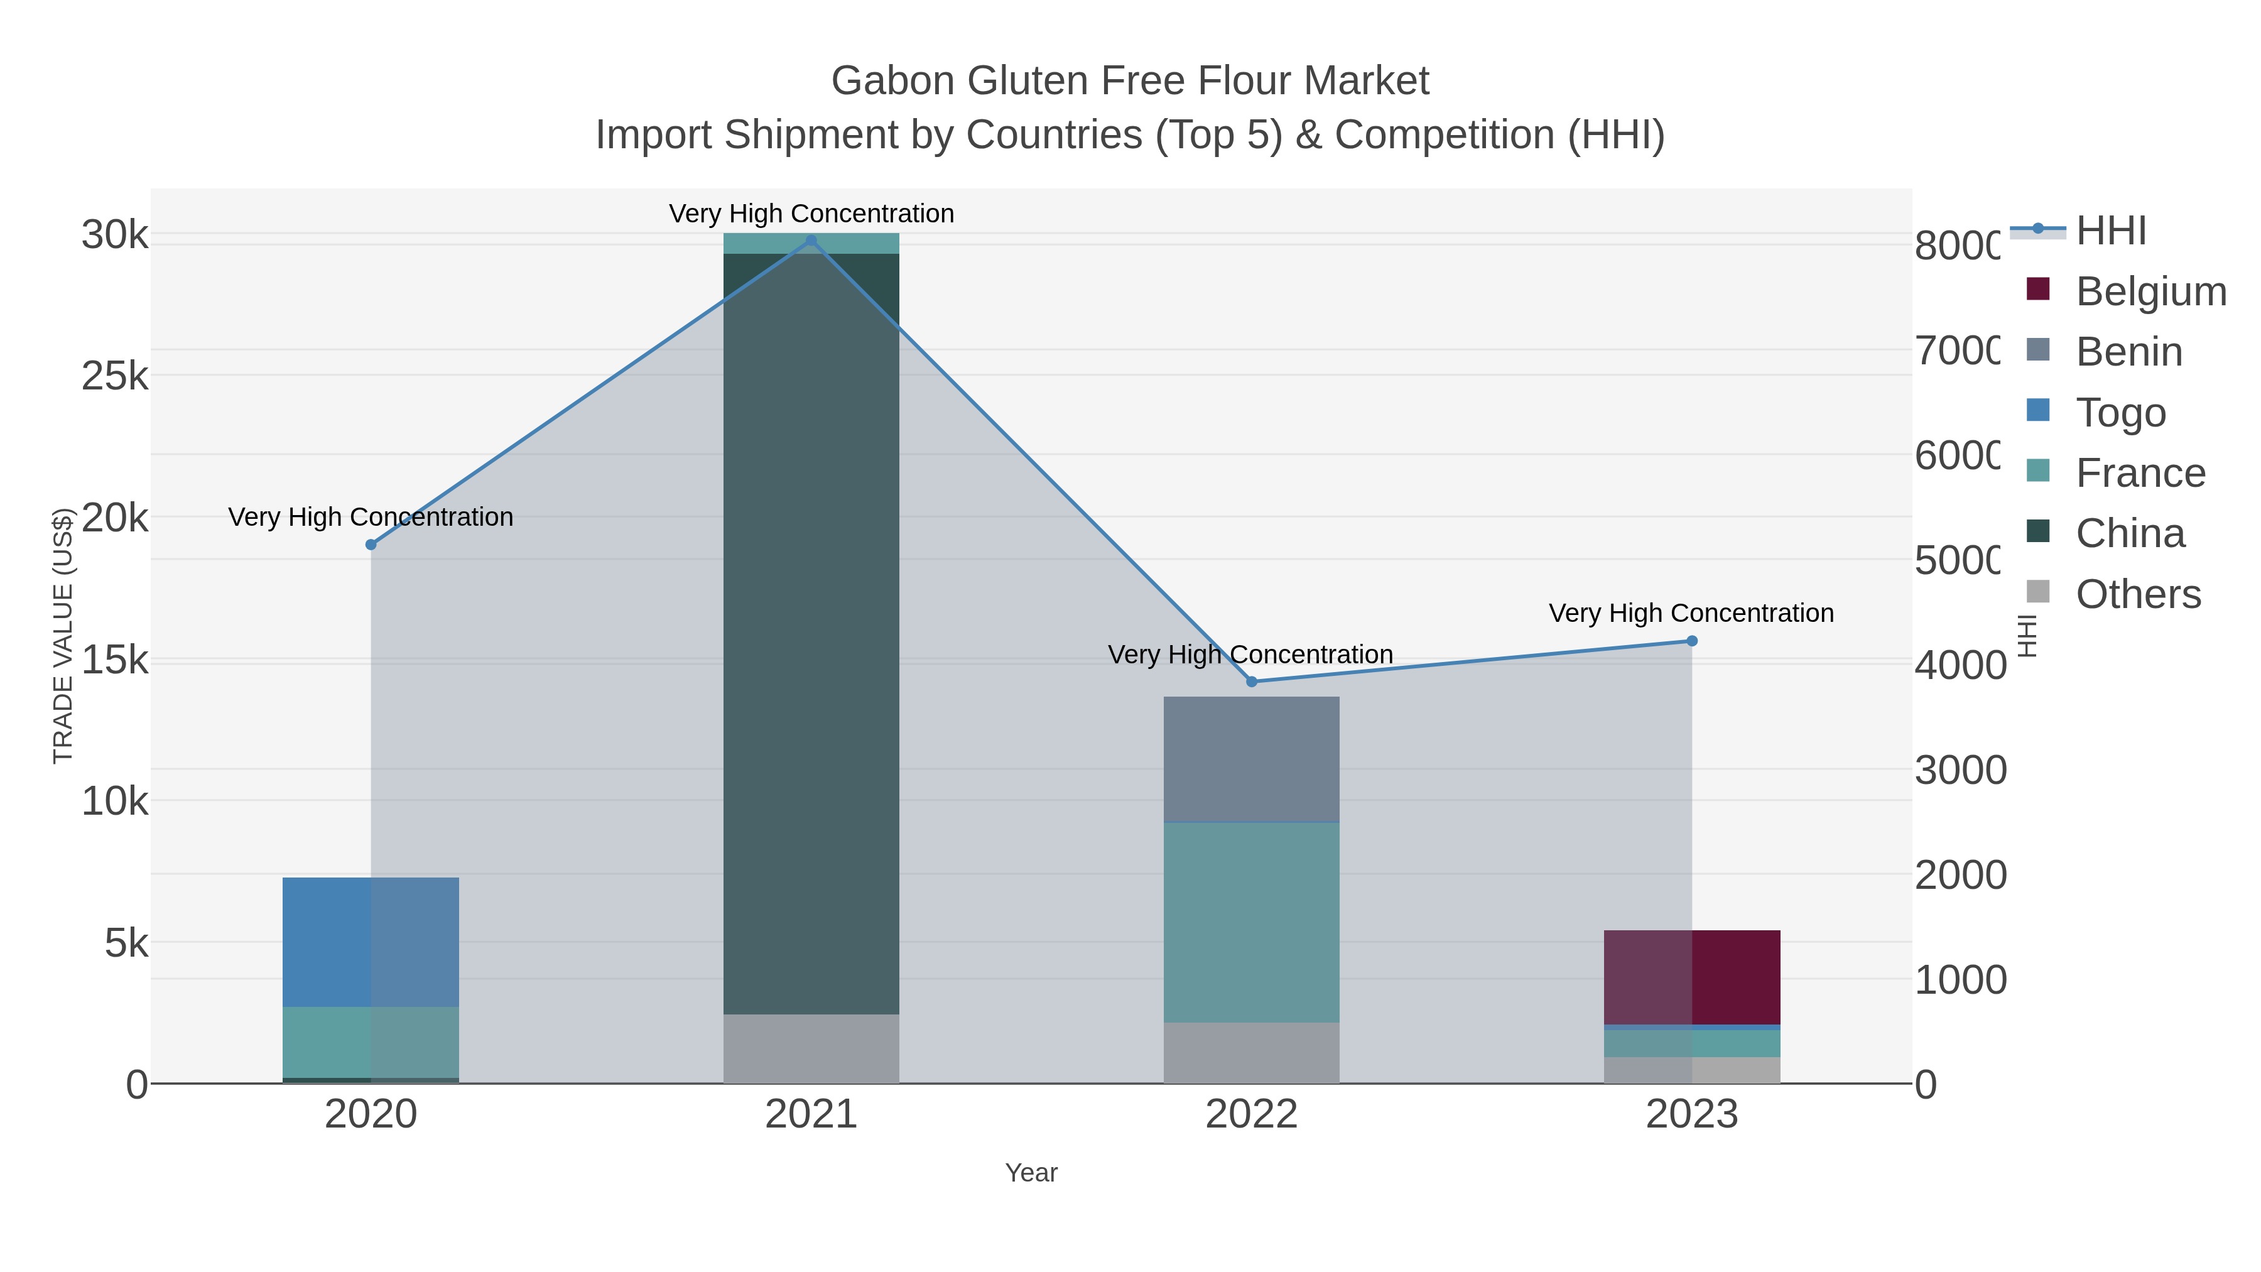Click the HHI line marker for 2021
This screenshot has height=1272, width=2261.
811,241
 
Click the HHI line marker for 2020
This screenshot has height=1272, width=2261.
371,544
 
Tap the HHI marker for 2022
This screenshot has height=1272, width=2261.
1252,681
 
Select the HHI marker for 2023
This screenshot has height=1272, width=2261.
1692,641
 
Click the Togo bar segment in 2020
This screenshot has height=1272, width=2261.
371,942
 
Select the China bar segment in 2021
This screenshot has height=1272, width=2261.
811,632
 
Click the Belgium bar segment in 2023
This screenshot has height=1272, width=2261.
1692,976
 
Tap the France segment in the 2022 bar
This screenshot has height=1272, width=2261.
1252,921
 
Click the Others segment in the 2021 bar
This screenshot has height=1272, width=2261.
811,1048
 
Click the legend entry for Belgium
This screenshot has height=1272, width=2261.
2150,291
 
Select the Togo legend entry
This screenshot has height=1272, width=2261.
2120,413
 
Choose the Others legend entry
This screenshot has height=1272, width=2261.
2137,594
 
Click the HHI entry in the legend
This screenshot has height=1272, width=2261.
2111,231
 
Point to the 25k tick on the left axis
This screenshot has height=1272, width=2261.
115,377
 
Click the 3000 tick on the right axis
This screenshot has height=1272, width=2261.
1960,770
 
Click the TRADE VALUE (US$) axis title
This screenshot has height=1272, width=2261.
63,636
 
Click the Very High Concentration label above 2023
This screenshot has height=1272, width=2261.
1691,612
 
